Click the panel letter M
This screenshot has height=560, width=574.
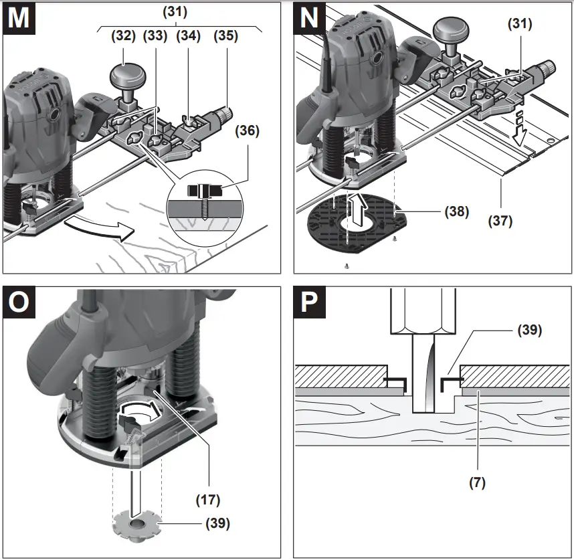pyautogui.click(x=19, y=18)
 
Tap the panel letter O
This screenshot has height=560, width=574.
pyautogui.click(x=19, y=303)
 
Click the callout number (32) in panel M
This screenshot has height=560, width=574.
pyautogui.click(x=124, y=37)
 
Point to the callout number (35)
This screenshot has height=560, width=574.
pyautogui.click(x=225, y=37)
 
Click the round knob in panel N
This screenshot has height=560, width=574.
pyautogui.click(x=448, y=31)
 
